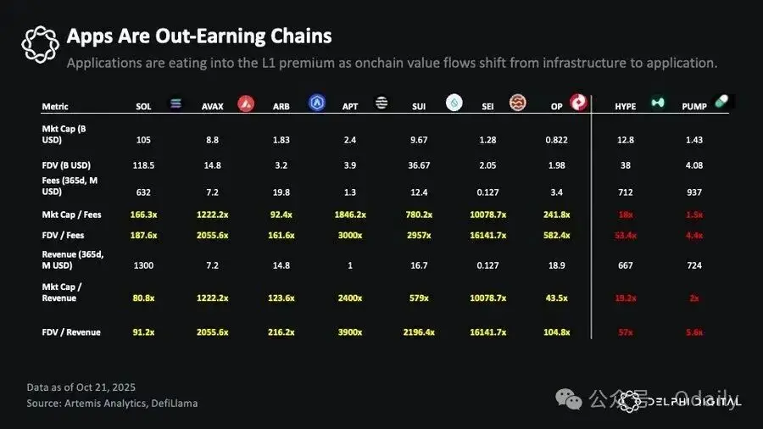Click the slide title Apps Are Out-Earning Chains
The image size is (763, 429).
[x=199, y=36]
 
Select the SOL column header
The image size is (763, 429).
[x=144, y=107]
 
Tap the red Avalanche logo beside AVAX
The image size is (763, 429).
[x=246, y=103]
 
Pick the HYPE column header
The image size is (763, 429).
[x=627, y=107]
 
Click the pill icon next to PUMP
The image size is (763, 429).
[x=721, y=101]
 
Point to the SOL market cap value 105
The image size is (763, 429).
[x=144, y=139]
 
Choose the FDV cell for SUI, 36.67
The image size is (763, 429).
[x=419, y=165]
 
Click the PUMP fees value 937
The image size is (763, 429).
[x=694, y=192]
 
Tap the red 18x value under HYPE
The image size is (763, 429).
[x=627, y=214]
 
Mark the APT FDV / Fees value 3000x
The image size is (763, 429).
[x=350, y=235]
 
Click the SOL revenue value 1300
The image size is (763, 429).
[x=144, y=265]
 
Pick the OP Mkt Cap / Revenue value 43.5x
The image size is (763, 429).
[x=557, y=298]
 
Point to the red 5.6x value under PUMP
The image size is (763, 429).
[x=694, y=332]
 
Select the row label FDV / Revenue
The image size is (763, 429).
[x=71, y=332]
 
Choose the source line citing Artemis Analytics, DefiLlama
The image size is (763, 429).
[x=112, y=403]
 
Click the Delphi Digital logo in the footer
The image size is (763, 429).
[x=679, y=402]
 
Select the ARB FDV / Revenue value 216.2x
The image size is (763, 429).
[x=281, y=332]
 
